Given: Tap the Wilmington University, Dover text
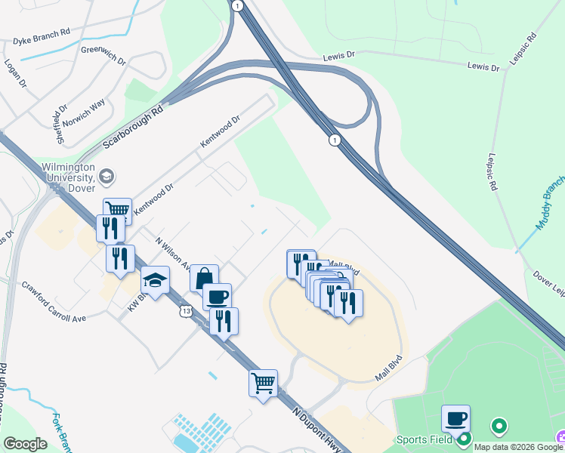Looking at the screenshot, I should tap(67, 177).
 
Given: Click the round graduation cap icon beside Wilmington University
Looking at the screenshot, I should tap(107, 176).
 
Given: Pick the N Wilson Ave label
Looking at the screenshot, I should tap(172, 254).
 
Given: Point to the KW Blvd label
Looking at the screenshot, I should tap(131, 300).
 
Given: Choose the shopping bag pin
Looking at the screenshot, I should tap(204, 278).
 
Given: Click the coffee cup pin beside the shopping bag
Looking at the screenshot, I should tap(218, 297).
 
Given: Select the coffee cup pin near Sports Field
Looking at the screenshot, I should tap(455, 418).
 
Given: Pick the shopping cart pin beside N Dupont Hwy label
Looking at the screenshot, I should tap(263, 383).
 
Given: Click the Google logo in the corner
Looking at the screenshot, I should tap(25, 444).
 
